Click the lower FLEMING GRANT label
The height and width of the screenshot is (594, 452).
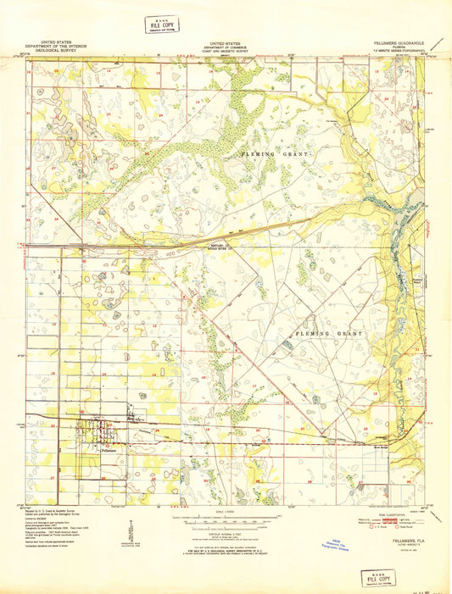327,334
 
